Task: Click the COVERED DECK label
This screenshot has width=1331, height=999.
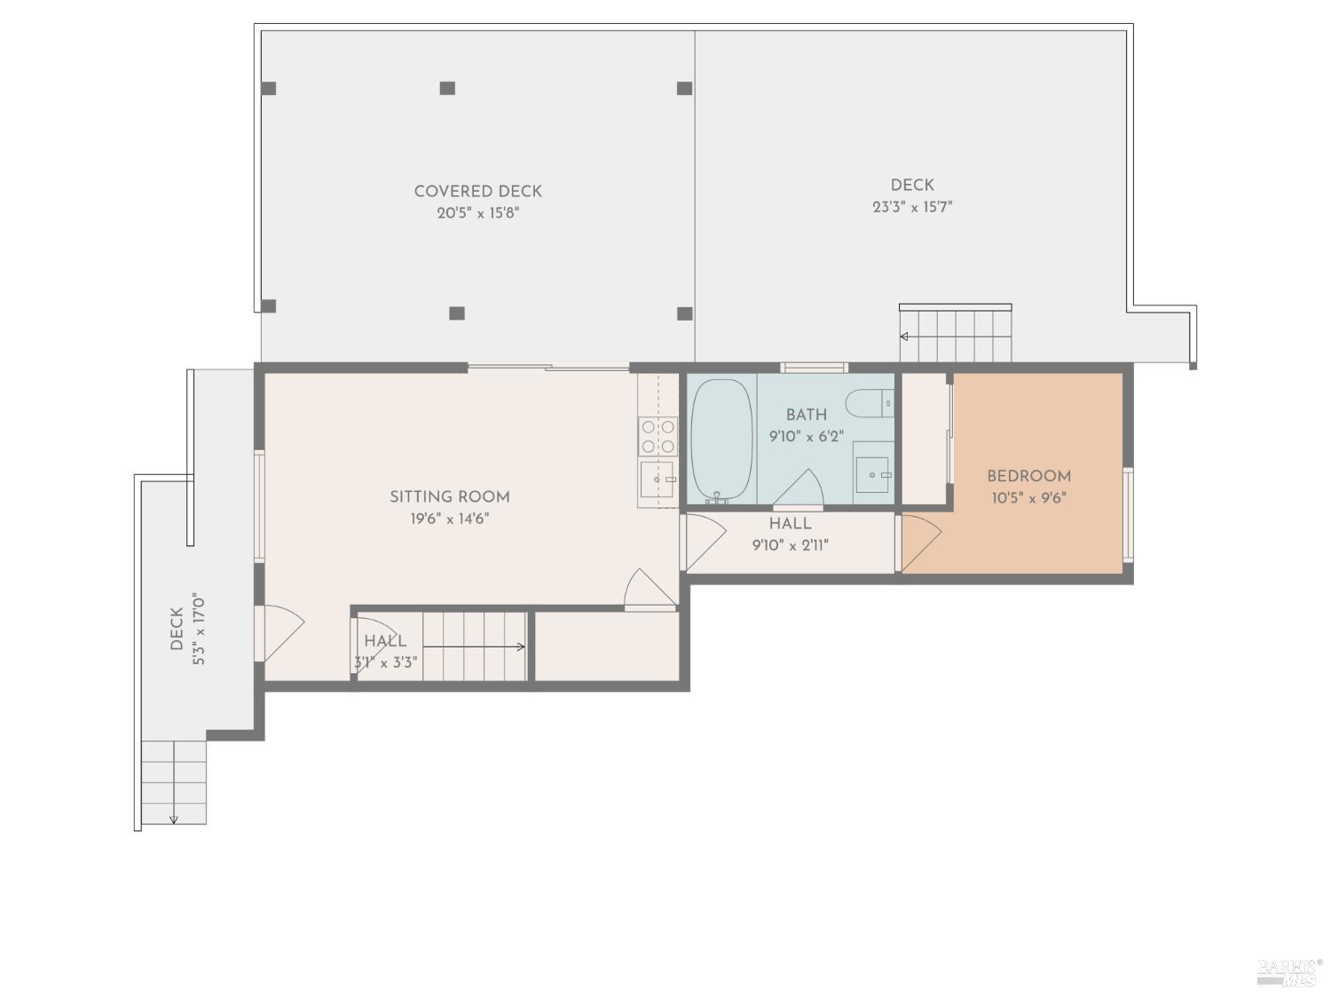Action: [477, 191]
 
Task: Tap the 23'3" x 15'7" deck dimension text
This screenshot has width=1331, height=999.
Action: [912, 208]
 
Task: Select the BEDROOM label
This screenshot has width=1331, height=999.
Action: [1028, 476]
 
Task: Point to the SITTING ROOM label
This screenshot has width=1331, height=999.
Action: [450, 496]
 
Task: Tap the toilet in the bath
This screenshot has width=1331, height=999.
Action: [870, 404]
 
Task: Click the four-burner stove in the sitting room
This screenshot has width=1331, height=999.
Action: [658, 436]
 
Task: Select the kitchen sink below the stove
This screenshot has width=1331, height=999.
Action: [658, 480]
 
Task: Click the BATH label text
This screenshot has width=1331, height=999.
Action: [806, 415]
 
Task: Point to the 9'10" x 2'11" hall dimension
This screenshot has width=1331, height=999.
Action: [790, 545]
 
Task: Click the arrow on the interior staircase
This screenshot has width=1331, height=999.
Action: [520, 646]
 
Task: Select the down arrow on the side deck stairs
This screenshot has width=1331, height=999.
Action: [174, 818]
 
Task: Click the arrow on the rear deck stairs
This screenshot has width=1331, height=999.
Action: [904, 337]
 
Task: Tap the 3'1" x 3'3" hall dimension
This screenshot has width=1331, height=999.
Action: [385, 662]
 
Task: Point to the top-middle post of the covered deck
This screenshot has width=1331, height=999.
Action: [448, 88]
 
